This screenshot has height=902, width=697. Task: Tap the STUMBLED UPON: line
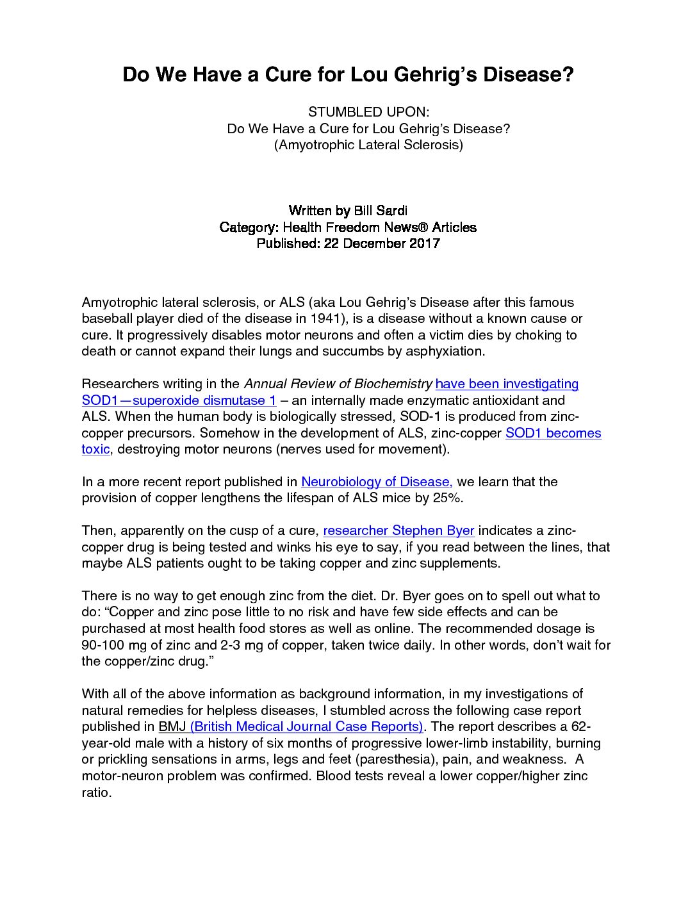tap(368, 112)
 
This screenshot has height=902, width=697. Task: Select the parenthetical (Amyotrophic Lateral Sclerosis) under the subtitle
tap(368, 145)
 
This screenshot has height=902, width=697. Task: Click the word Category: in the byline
tap(249, 227)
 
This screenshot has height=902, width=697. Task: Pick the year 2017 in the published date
tap(424, 243)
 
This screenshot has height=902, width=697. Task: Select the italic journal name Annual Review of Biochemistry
tap(338, 384)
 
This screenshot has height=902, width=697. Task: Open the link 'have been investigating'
tap(507, 384)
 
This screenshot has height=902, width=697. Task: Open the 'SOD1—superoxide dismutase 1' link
tap(179, 400)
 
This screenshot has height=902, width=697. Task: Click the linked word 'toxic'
tap(95, 449)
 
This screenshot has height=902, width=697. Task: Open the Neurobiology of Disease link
tap(377, 482)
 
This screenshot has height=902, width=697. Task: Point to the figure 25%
tap(448, 498)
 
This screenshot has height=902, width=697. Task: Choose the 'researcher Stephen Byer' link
tap(398, 530)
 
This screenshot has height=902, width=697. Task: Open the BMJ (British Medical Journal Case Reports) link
tap(291, 726)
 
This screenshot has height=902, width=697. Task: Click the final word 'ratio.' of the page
tap(97, 792)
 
